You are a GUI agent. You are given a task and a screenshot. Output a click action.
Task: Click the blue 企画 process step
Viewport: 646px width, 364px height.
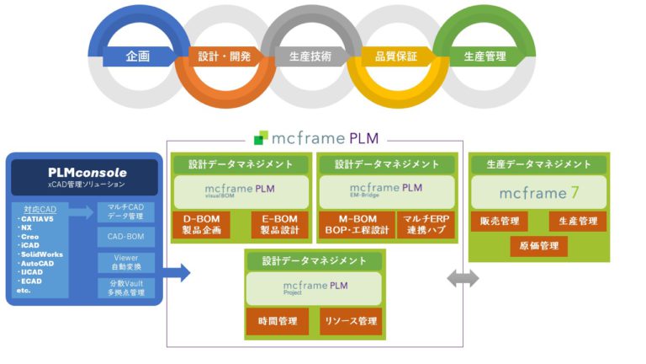[138, 57]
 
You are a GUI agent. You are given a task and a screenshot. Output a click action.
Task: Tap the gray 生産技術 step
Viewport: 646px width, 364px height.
[310, 57]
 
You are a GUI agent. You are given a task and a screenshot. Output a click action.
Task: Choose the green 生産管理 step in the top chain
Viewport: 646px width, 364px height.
[484, 57]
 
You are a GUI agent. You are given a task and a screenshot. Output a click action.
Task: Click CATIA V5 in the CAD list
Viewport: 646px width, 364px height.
[38, 218]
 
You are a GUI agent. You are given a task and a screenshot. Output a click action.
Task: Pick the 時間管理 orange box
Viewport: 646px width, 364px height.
[274, 321]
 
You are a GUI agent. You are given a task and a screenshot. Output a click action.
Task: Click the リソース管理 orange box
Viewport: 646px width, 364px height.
[350, 321]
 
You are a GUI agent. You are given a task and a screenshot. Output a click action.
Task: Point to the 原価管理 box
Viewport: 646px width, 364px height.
[538, 246]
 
